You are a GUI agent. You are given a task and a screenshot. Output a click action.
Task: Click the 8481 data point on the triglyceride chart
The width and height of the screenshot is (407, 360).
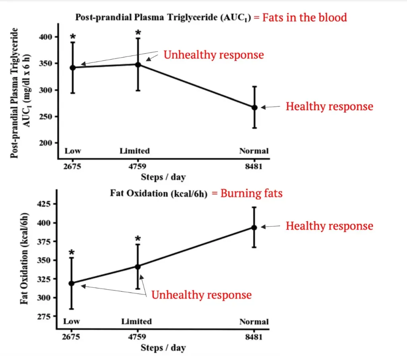click(x=254, y=107)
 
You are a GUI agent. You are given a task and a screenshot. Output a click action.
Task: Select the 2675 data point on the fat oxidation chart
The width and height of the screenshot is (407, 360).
click(x=72, y=283)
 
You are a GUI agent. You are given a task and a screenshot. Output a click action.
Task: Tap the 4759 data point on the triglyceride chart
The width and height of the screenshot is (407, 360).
click(x=138, y=64)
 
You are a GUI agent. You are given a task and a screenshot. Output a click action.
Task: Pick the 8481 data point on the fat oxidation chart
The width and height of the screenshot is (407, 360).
click(x=254, y=227)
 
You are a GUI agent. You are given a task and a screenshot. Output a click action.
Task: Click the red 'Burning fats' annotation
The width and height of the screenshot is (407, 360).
click(x=252, y=194)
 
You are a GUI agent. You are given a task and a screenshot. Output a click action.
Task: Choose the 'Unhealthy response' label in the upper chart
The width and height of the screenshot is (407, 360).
click(x=213, y=54)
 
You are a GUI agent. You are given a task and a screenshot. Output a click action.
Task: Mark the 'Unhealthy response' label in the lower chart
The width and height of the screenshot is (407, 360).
click(x=202, y=295)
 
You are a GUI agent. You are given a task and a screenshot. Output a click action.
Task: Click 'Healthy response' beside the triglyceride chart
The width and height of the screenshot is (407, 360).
click(x=329, y=107)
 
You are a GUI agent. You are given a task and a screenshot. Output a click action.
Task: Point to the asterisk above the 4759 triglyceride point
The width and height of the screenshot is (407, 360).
click(x=138, y=32)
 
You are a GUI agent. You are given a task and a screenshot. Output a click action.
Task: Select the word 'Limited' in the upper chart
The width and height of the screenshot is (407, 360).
click(x=135, y=151)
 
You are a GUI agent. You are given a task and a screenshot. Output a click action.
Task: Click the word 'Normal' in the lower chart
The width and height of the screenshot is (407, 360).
click(x=254, y=322)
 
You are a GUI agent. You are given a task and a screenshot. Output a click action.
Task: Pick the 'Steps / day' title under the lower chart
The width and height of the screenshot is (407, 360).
click(x=163, y=347)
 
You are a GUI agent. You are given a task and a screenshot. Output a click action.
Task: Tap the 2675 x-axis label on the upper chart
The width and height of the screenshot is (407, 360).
click(x=72, y=166)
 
